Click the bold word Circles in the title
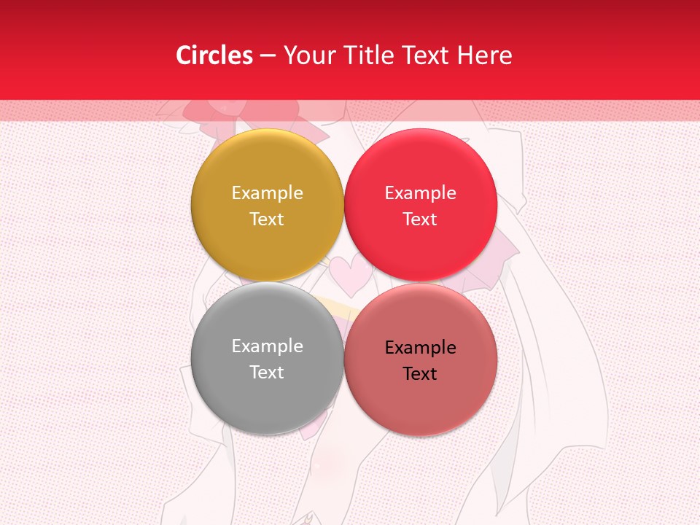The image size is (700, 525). click(214, 55)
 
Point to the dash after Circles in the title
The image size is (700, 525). click(268, 56)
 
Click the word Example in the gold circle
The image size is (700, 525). click(267, 192)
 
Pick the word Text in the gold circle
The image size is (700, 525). click(267, 219)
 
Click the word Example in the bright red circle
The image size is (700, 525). click(420, 192)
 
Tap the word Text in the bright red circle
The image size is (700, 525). click(420, 219)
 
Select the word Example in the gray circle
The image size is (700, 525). click(267, 346)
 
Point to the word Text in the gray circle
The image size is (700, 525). click(267, 372)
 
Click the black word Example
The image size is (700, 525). click(420, 347)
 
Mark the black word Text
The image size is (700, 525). click(420, 373)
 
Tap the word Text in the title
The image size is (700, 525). click(423, 55)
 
